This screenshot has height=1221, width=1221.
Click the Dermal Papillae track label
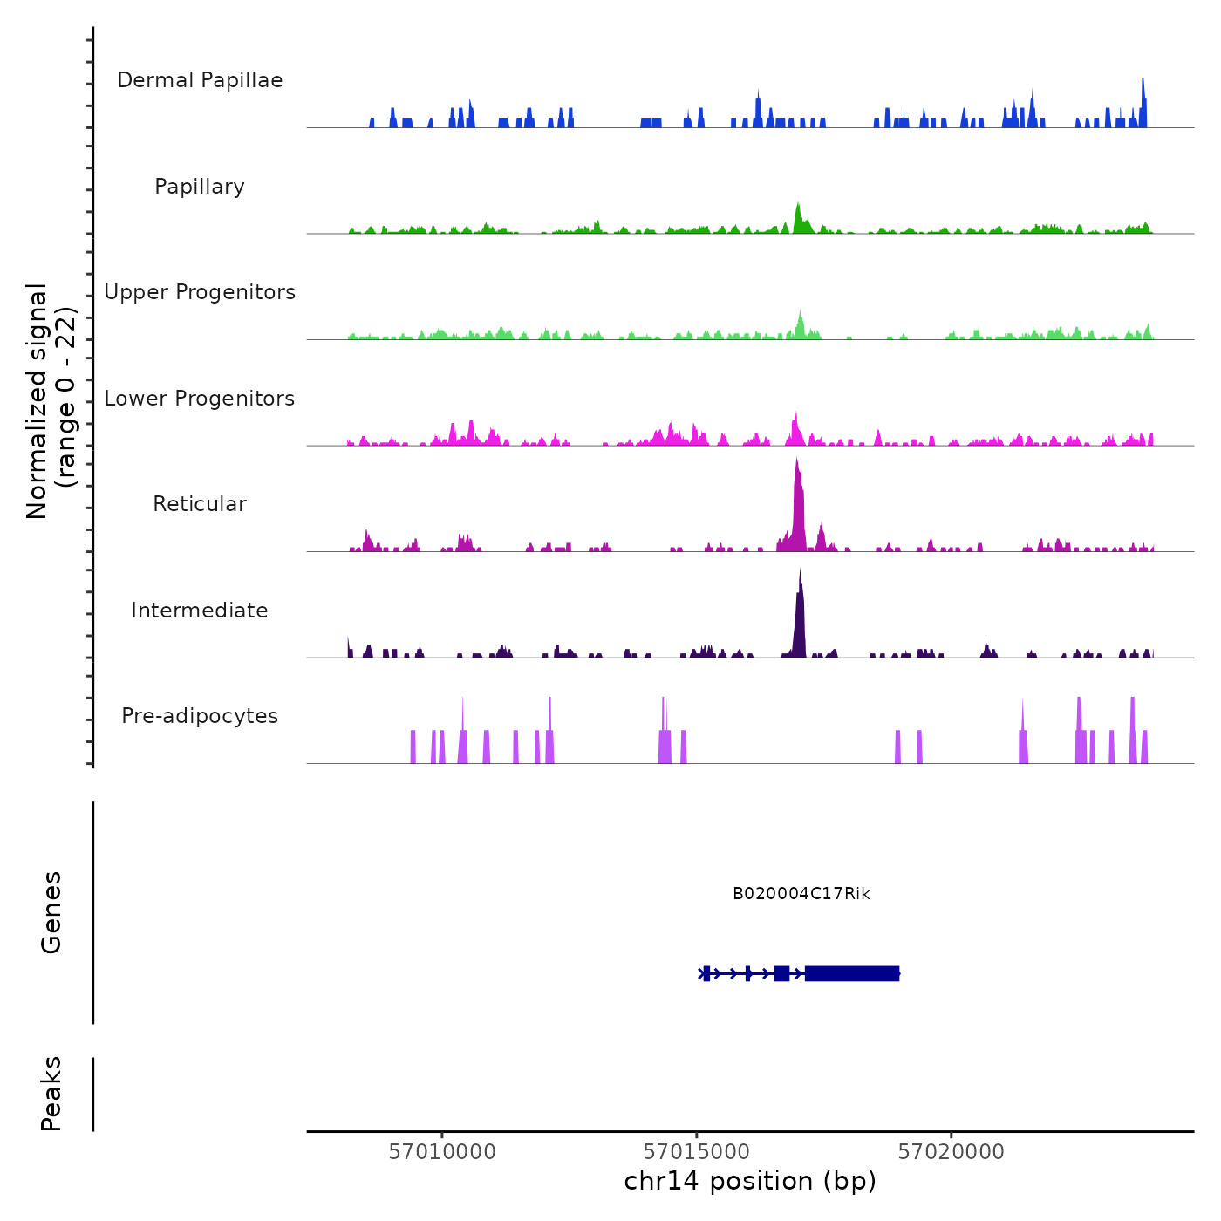200,80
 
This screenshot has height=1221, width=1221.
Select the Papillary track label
200,187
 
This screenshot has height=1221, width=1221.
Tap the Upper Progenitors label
200,292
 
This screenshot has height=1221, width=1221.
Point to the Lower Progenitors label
200,399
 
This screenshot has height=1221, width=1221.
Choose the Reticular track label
200,504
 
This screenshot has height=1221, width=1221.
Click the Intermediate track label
200,610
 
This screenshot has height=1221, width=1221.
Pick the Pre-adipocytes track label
200,716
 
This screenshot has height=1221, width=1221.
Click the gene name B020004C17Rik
801,894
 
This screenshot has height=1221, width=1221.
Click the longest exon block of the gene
852,973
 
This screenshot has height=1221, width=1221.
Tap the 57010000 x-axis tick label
442,1152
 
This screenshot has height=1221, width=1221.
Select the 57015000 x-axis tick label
697,1152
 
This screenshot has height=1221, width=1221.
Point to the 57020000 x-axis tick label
952,1152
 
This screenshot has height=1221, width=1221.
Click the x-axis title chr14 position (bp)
750,1182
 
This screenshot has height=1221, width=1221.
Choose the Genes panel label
51,912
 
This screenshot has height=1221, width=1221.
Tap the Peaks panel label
51,1094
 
